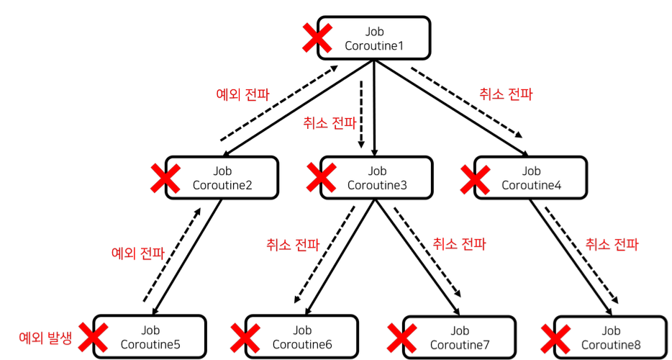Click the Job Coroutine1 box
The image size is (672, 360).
(373, 38)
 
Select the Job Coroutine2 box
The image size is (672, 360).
(222, 178)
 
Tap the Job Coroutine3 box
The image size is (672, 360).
(377, 178)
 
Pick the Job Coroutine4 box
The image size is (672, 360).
(531, 178)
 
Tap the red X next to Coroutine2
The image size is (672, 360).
(165, 178)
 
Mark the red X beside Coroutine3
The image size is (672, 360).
(321, 178)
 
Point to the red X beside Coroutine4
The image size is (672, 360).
(475, 178)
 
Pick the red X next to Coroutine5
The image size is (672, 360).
(93, 337)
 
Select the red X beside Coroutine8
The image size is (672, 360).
(555, 337)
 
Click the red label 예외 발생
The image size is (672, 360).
(45, 337)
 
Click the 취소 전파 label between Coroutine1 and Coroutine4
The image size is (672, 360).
(506, 94)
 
